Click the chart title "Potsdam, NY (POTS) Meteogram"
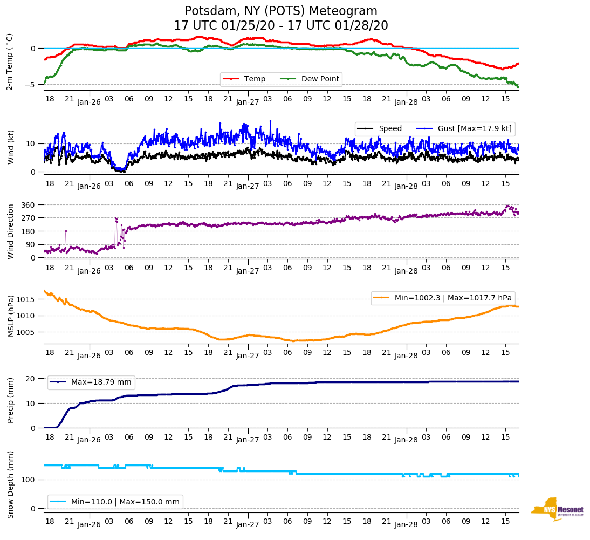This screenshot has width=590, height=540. (x=281, y=11)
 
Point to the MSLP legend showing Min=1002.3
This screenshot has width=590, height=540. (x=442, y=298)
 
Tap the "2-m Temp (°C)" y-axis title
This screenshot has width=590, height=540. (x=10, y=61)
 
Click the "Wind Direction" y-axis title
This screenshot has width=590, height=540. (x=10, y=231)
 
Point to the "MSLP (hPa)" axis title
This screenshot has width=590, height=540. (x=10, y=316)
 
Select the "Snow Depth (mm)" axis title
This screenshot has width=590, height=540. (x=10, y=484)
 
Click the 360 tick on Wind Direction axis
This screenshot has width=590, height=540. (x=29, y=205)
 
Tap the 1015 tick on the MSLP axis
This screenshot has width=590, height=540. (x=26, y=299)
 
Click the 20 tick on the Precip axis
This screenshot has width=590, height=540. (x=31, y=379)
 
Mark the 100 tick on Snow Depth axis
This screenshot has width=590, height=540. (x=29, y=480)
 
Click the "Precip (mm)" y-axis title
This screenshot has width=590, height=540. (x=10, y=400)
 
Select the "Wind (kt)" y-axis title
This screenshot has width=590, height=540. (x=10, y=147)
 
